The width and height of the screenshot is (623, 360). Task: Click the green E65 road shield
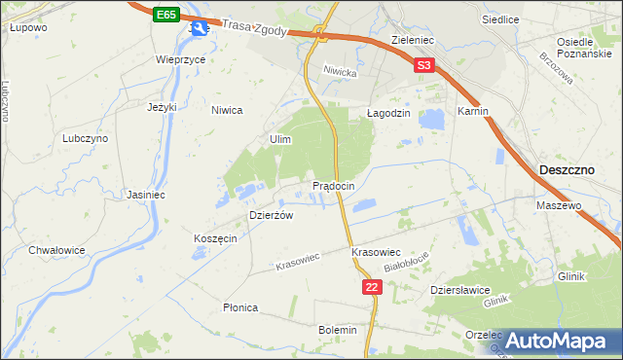coord(166,15)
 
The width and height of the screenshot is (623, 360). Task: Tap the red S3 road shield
coord(422,66)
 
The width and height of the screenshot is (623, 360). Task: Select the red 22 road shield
coord(372,287)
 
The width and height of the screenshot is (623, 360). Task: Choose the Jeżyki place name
coord(162,107)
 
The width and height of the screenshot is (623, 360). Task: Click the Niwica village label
coord(227,110)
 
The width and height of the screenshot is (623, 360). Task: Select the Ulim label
coord(280,140)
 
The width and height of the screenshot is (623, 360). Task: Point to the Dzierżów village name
coord(272,216)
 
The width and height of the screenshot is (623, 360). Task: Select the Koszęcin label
coord(215,239)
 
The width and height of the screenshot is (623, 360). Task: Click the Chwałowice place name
coord(57,250)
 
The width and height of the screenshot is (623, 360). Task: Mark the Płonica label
coord(239,307)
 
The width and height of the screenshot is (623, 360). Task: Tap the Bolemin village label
coord(338,331)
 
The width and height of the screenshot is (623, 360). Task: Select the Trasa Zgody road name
coord(254,29)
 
